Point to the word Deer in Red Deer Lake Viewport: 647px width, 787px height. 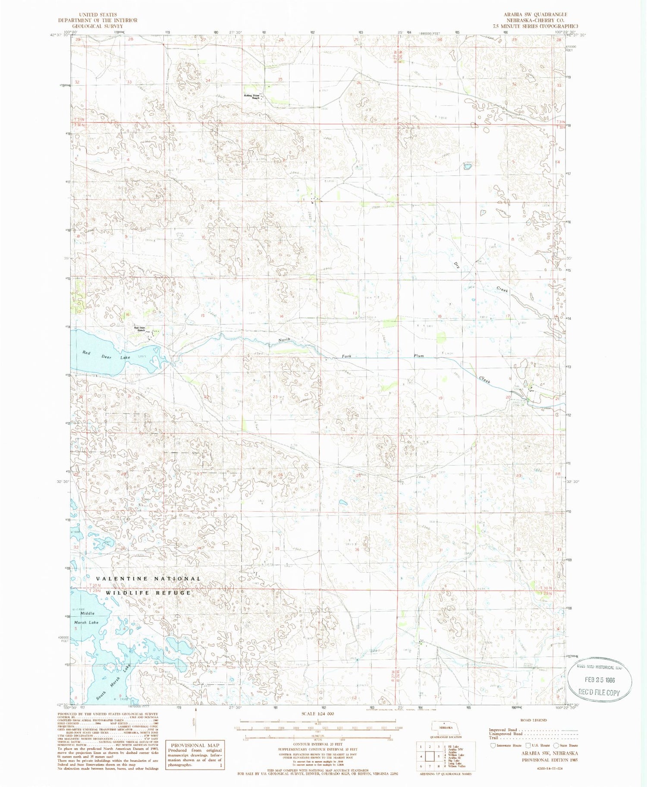(106, 357)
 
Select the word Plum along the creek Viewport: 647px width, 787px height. (419, 356)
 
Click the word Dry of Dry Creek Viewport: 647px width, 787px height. (456, 266)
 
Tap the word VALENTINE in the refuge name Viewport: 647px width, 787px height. (122, 579)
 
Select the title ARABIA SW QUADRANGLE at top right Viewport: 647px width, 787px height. (535, 14)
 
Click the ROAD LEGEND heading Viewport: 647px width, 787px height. (534, 720)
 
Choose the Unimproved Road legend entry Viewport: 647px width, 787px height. (506, 733)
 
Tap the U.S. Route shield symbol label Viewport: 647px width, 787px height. (537, 745)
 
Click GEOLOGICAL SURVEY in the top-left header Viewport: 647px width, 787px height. (97, 26)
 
